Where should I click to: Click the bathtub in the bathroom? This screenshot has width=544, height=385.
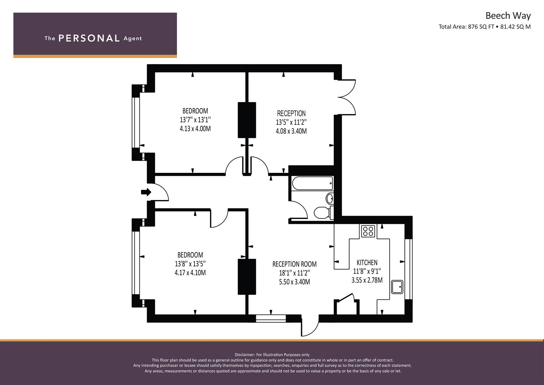[x=312, y=183]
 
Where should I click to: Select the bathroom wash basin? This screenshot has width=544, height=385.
[x=330, y=198]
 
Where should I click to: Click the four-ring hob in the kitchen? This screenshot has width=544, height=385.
[x=368, y=231]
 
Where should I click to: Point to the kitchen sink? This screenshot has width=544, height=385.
[x=397, y=287]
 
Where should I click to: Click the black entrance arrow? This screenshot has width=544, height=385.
[x=146, y=192]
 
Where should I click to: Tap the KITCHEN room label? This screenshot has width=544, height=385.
[x=367, y=262]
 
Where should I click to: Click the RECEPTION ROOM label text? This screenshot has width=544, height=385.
[x=294, y=264]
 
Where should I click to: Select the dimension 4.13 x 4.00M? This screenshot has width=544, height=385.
[x=195, y=129]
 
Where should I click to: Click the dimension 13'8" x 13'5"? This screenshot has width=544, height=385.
[x=190, y=264]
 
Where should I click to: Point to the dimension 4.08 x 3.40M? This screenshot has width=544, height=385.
[x=291, y=131]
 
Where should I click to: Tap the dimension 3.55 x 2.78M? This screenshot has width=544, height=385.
[x=367, y=280]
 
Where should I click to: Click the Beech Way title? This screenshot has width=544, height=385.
[x=508, y=16]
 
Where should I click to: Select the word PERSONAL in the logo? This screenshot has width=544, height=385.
[x=89, y=38]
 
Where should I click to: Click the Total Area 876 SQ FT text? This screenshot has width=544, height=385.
[x=466, y=27]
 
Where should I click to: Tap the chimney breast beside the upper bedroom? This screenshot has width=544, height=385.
[x=247, y=120]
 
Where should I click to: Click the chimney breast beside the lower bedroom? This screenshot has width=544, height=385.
[x=247, y=277]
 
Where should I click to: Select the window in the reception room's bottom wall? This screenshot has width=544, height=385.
[x=271, y=318]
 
